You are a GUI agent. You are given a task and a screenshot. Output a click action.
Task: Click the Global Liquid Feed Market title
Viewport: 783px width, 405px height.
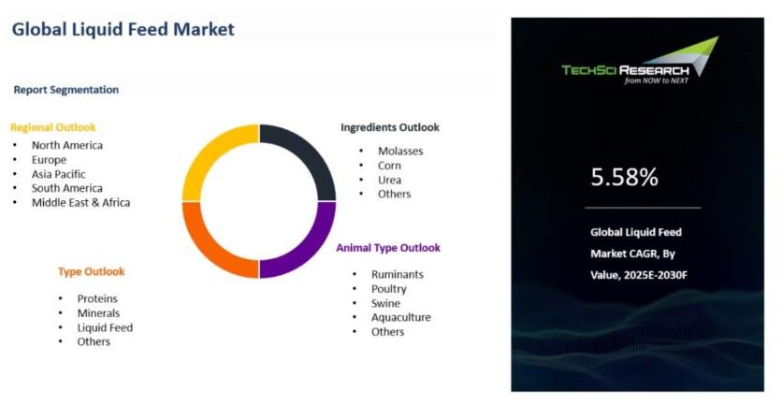pyautogui.click(x=123, y=29)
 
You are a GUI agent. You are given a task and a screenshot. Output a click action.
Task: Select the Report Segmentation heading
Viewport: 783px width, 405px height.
pyautogui.click(x=66, y=90)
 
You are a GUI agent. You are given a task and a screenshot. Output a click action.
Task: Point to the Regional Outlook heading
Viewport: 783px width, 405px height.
pyautogui.click(x=53, y=127)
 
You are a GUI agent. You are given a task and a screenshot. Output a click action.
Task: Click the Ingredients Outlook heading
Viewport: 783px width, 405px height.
pyautogui.click(x=390, y=127)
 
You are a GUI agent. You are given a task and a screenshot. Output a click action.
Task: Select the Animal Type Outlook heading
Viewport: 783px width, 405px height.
pyautogui.click(x=388, y=248)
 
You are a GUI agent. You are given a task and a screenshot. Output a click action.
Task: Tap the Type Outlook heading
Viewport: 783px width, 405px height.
pyautogui.click(x=92, y=271)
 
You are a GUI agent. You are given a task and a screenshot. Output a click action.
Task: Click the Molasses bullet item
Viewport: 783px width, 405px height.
pyautogui.click(x=400, y=151)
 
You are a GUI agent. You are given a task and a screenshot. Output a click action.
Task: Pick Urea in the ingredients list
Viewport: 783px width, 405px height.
pyautogui.click(x=389, y=180)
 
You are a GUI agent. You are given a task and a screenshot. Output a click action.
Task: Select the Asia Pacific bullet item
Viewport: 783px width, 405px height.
pyautogui.click(x=58, y=174)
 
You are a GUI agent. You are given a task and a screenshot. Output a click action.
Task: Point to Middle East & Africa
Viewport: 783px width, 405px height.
pyautogui.click(x=80, y=203)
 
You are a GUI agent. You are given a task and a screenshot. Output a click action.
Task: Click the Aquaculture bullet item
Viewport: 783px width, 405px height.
pyautogui.click(x=401, y=318)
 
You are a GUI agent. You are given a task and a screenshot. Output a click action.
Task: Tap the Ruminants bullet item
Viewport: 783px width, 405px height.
pyautogui.click(x=398, y=275)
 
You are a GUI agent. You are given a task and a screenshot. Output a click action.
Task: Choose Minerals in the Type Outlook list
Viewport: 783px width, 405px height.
pyautogui.click(x=98, y=313)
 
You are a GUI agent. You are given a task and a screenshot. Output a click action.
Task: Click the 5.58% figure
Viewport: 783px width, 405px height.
pyautogui.click(x=624, y=178)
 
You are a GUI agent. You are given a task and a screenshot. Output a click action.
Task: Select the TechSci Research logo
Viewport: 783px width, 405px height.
pyautogui.click(x=640, y=61)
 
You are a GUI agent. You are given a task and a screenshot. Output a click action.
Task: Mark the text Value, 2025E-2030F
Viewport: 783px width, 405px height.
pyautogui.click(x=639, y=275)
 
